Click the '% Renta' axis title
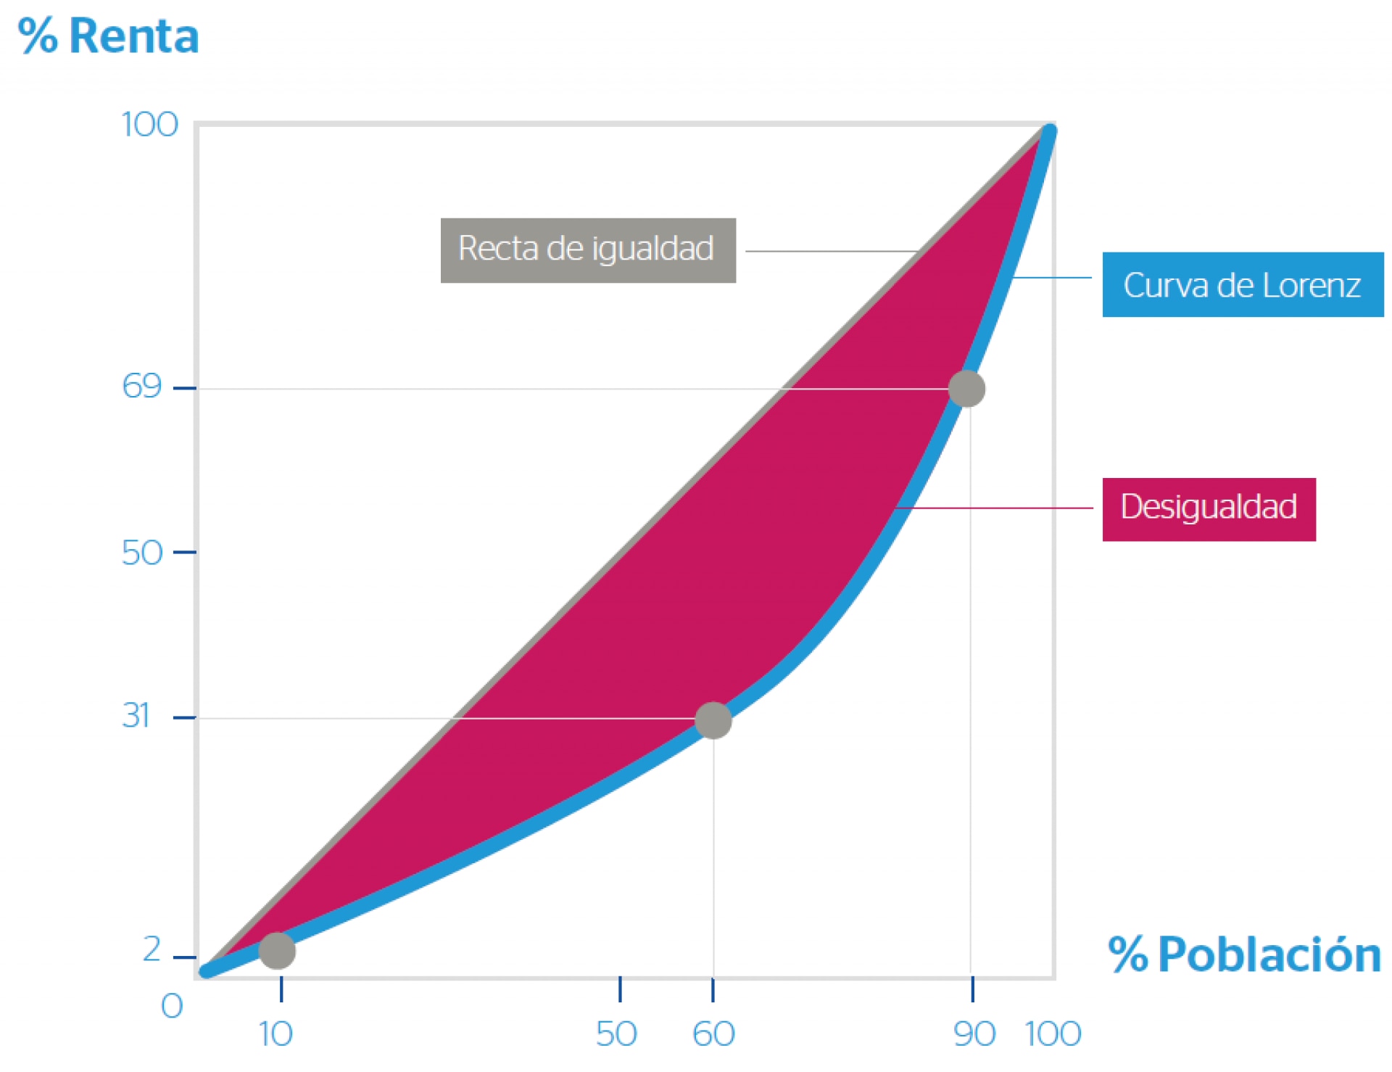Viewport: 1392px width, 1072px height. point(109,36)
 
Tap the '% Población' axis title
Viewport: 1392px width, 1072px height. point(1244,955)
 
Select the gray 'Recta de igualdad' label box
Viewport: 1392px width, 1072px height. point(588,250)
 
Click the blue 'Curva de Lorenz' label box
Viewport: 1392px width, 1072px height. point(1242,285)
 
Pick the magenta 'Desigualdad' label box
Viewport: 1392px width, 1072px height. point(1209,509)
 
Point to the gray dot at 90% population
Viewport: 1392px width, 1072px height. point(966,389)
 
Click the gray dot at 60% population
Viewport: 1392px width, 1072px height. point(713,720)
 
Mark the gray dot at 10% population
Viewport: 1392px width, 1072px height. point(277,950)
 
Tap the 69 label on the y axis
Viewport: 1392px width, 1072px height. point(141,387)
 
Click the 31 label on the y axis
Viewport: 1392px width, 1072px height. point(136,716)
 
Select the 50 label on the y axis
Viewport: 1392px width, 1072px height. point(141,553)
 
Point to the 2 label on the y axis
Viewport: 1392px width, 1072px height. point(152,949)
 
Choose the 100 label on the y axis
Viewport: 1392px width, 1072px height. point(149,125)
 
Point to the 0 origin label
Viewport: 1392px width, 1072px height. point(172,1007)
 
